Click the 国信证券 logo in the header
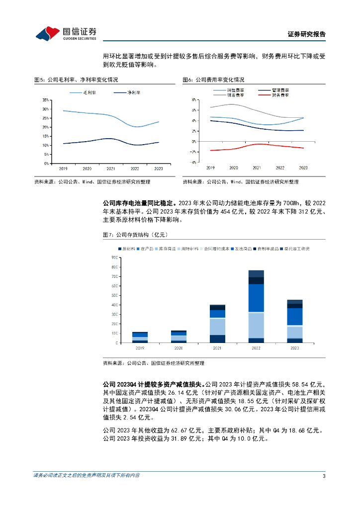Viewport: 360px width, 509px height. (66, 34)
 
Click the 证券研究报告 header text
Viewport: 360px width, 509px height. (306, 34)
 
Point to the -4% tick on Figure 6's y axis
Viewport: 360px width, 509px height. (194, 162)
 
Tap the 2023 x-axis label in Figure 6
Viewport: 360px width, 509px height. (303, 168)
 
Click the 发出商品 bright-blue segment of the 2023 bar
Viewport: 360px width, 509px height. (295, 317)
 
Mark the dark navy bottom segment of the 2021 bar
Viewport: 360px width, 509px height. (217, 339)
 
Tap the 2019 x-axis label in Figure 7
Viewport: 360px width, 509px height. (140, 348)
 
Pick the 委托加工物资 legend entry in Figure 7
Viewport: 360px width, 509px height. (296, 248)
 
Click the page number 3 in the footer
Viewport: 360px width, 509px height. (324, 477)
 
